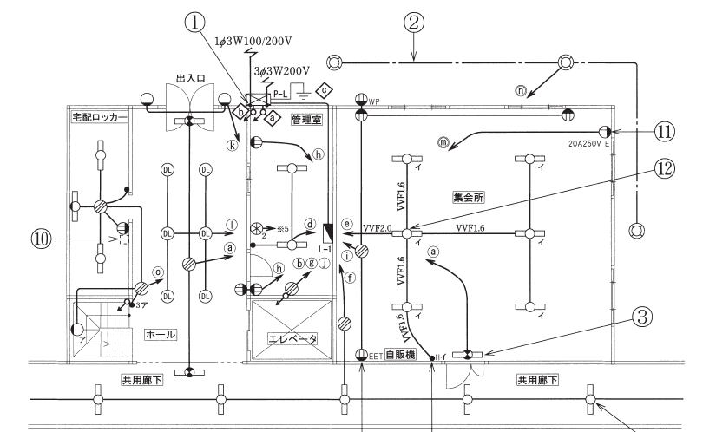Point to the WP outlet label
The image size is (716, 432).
click(x=375, y=102)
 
